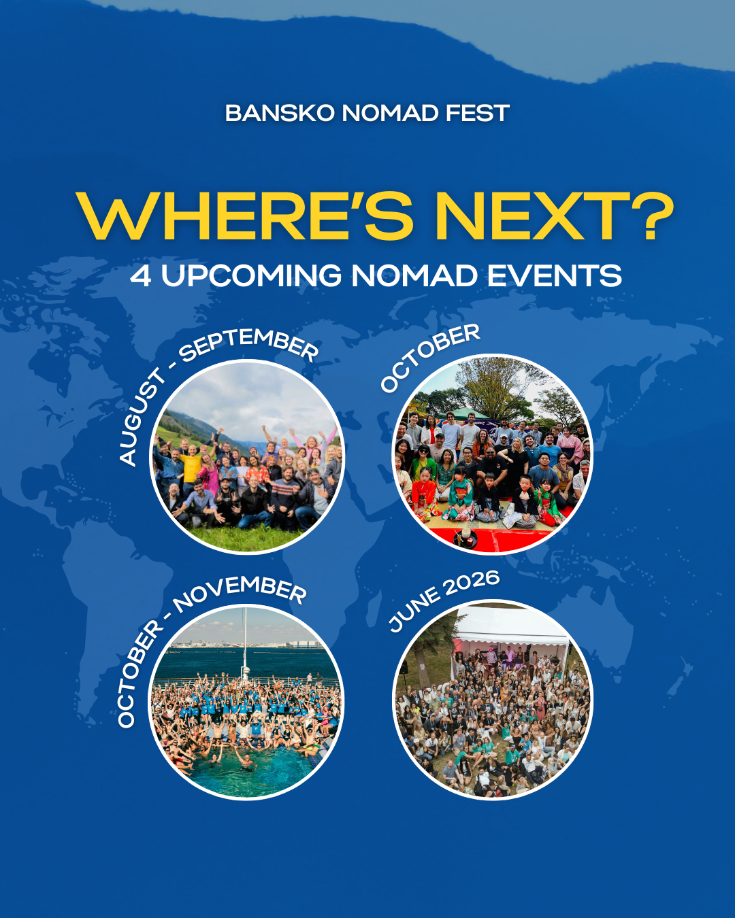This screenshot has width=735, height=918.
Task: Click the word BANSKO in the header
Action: tap(280, 113)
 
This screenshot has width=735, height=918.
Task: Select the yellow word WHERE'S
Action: tap(245, 216)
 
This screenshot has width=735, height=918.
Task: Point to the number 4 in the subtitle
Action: tap(140, 276)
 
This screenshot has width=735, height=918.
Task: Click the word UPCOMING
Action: tap(252, 276)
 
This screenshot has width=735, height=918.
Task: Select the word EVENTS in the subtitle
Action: tap(555, 276)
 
